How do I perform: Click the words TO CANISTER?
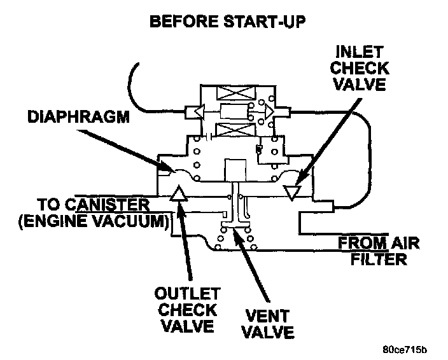[94, 205]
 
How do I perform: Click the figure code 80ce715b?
[405, 349]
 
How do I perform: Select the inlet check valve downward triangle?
[292, 191]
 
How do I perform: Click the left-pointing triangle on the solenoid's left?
[197, 112]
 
